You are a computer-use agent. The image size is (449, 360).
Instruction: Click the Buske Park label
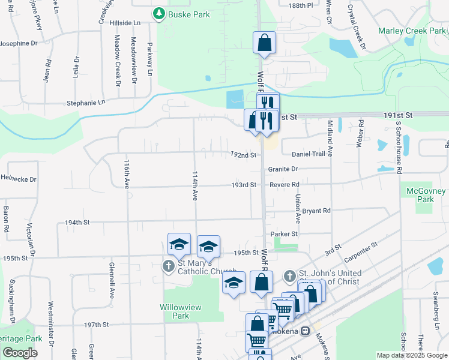click(x=189, y=14)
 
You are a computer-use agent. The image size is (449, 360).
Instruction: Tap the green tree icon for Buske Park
click(x=159, y=13)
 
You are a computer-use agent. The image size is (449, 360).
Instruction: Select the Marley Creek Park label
click(x=412, y=31)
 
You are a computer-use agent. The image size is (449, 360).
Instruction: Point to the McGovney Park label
click(x=425, y=195)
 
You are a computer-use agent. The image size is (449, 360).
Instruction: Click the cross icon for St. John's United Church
click(x=290, y=275)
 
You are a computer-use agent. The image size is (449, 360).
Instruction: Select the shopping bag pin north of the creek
click(x=264, y=43)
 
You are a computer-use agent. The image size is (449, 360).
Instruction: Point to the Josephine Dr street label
click(x=18, y=43)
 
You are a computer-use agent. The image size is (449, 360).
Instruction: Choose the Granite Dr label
click(x=283, y=169)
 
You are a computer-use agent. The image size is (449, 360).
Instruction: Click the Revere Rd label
click(x=284, y=185)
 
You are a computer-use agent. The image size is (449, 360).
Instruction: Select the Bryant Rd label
click(x=316, y=211)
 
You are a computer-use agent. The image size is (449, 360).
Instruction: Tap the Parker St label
click(x=284, y=233)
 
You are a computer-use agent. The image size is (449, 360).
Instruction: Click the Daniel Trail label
click(x=309, y=154)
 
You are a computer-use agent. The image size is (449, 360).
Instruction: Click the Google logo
click(x=20, y=353)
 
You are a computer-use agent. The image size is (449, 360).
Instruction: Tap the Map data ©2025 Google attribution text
click(x=411, y=355)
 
